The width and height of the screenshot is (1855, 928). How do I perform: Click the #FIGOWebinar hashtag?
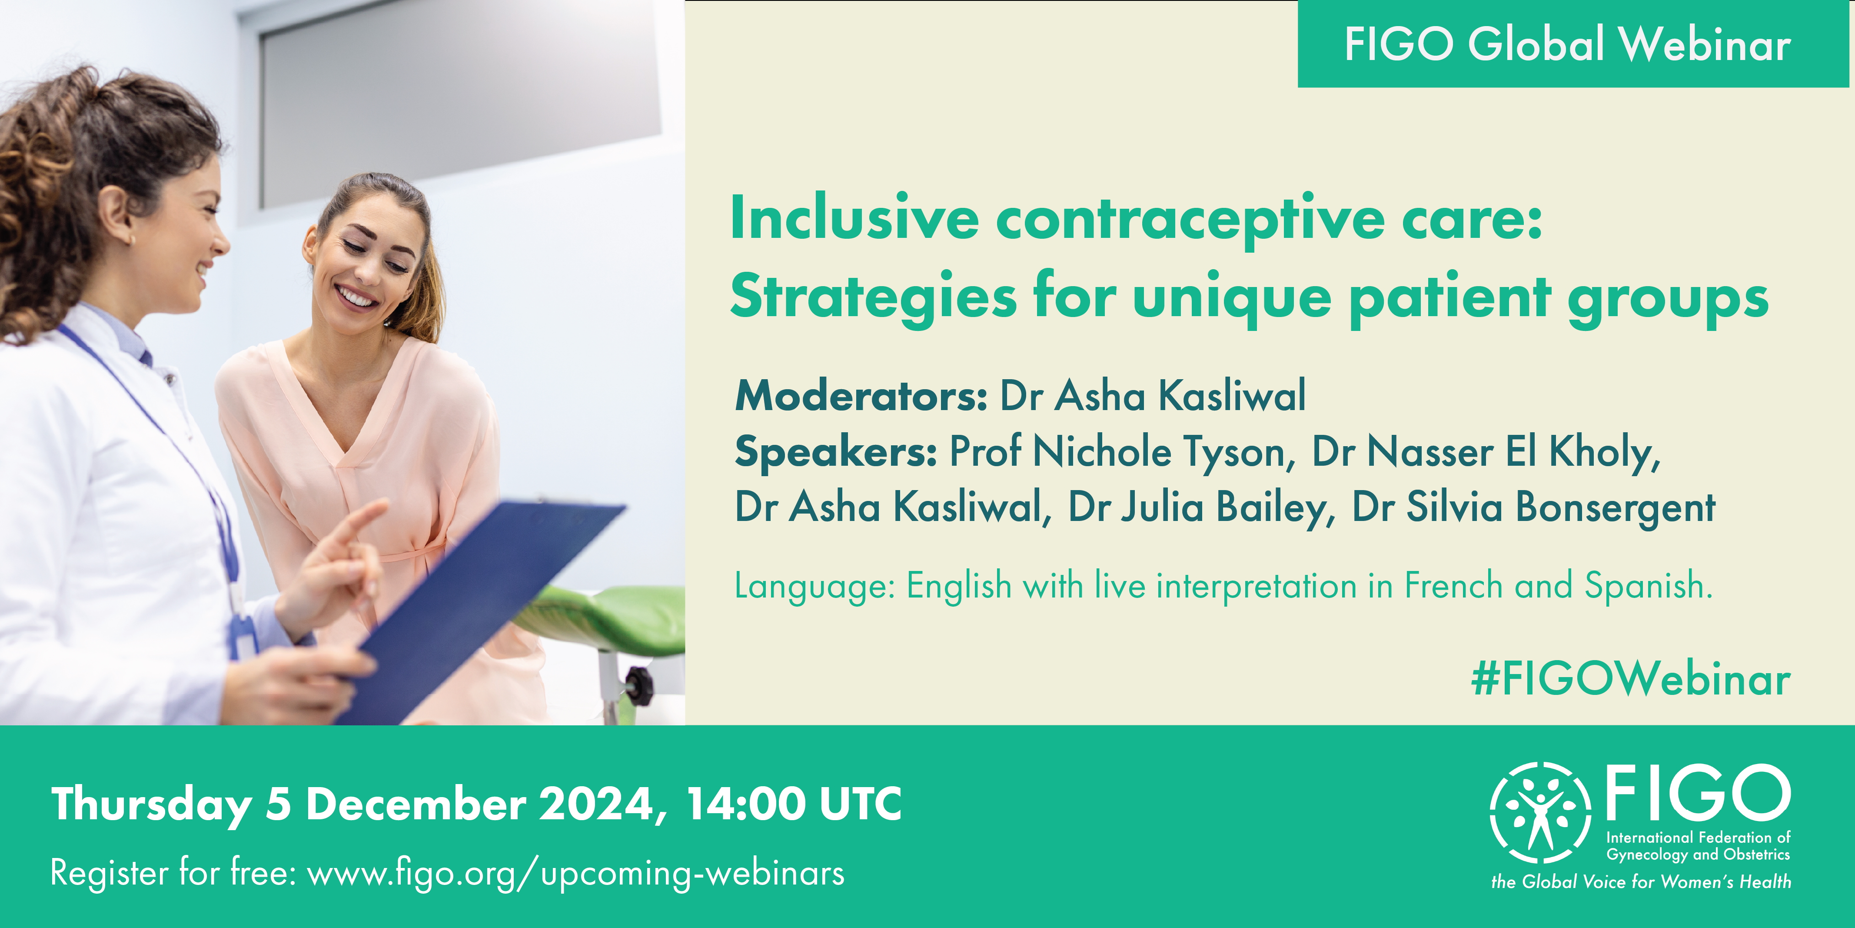point(1630,679)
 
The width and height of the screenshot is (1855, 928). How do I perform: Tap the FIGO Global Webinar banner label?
point(1568,44)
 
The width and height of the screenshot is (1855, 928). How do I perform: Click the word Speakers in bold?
point(835,452)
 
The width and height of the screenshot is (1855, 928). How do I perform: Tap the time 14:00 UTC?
point(794,804)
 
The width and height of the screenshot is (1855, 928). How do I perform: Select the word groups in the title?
point(1669,298)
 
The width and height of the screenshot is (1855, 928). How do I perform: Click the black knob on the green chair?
point(639,684)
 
